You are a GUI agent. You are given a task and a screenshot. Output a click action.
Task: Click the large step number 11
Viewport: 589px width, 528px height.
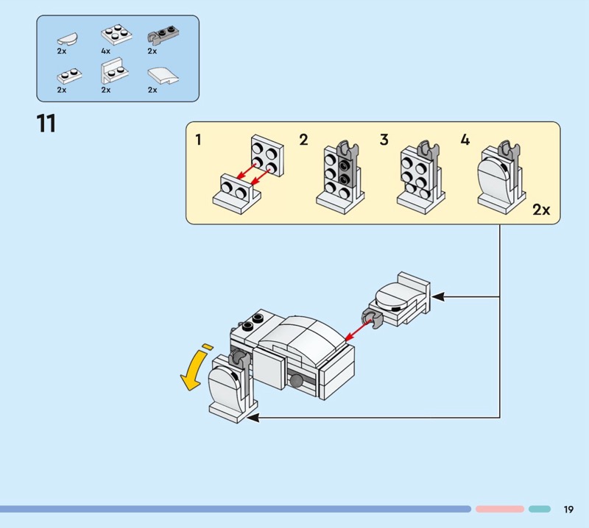coord(46,123)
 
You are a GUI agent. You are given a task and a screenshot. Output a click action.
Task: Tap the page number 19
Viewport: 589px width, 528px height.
coord(568,509)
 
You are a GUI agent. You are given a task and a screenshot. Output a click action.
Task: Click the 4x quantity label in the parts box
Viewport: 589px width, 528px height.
coord(105,51)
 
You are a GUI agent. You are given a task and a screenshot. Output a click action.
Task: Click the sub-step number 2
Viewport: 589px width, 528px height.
coord(303,140)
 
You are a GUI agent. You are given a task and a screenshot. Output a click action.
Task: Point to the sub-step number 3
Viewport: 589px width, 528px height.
coord(384,140)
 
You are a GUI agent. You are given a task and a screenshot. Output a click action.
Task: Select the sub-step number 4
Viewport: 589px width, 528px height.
coord(465,140)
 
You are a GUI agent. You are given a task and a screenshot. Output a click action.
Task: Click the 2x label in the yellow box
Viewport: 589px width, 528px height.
coord(541,210)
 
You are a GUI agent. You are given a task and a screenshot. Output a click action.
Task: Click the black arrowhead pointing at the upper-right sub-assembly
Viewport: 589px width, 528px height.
coord(437,296)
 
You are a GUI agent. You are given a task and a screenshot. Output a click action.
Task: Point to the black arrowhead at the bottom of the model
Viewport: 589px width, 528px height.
coord(252,418)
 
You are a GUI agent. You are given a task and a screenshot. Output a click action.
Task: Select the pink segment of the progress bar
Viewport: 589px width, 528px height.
coord(499,509)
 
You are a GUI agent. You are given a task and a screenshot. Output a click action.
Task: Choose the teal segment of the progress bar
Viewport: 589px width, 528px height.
coord(540,509)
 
